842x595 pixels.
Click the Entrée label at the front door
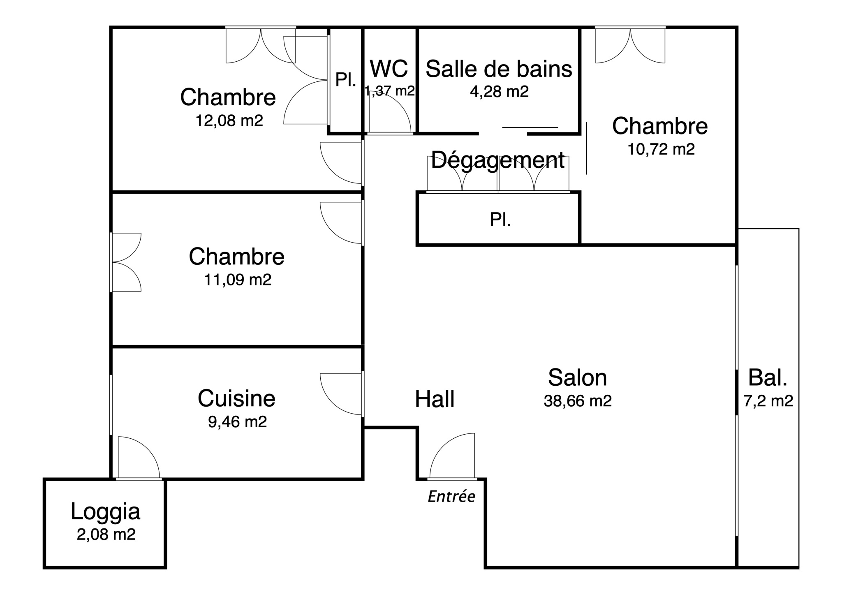pyautogui.click(x=451, y=497)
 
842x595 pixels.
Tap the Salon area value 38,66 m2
pyautogui.click(x=577, y=401)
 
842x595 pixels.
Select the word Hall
pyautogui.click(x=435, y=399)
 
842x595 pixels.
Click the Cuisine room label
pyautogui.click(x=236, y=398)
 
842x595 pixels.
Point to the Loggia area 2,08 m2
pyautogui.click(x=106, y=534)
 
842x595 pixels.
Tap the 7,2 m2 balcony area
pyautogui.click(x=768, y=401)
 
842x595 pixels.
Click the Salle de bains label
pyautogui.click(x=499, y=69)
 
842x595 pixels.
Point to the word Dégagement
pyautogui.click(x=497, y=160)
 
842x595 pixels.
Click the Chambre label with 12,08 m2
pyautogui.click(x=228, y=97)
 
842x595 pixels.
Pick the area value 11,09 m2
pyautogui.click(x=238, y=280)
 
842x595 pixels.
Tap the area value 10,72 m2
pyautogui.click(x=661, y=149)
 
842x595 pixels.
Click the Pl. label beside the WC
pyautogui.click(x=345, y=80)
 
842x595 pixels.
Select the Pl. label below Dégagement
pyautogui.click(x=500, y=220)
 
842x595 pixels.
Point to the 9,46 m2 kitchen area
pyautogui.click(x=237, y=421)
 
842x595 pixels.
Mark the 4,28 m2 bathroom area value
pyautogui.click(x=499, y=91)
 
